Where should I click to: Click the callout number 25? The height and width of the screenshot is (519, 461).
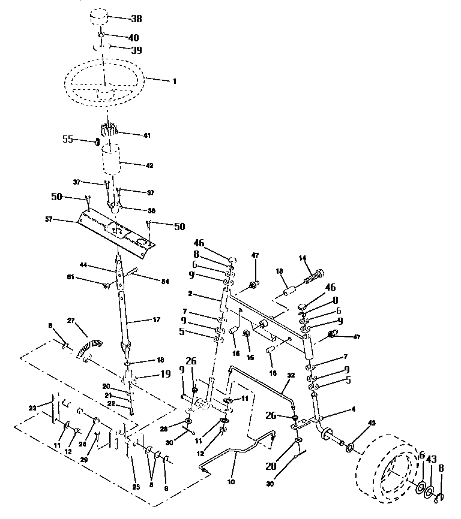(x=136, y=487)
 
